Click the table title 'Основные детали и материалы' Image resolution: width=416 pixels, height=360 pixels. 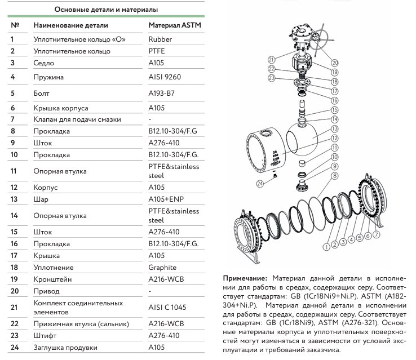pyautogui.click(x=105, y=10)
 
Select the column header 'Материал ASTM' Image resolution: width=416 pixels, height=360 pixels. pyautogui.click(x=174, y=26)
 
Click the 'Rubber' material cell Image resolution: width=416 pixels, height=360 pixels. pyautogui.click(x=160, y=39)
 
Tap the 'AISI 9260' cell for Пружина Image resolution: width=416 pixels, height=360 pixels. pyautogui.click(x=165, y=77)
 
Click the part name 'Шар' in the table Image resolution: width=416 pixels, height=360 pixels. pyautogui.click(x=40, y=199)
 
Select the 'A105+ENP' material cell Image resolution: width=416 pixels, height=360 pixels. pyautogui.click(x=166, y=199)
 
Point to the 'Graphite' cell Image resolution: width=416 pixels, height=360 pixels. pyautogui.click(x=162, y=268)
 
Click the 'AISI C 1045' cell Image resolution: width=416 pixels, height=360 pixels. pyautogui.click(x=167, y=307)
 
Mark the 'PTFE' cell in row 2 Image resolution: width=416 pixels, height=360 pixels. pyautogui.click(x=157, y=51)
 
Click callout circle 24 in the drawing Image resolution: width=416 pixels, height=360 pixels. pyautogui.click(x=260, y=183)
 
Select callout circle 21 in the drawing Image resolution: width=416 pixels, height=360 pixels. pyautogui.click(x=272, y=60)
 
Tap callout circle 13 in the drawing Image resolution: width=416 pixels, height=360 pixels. pyautogui.click(x=334, y=129)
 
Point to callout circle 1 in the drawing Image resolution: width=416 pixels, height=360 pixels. pyautogui.click(x=326, y=247)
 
